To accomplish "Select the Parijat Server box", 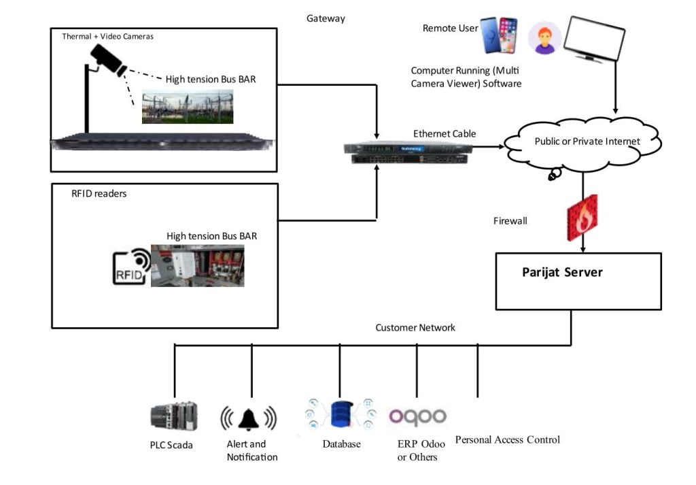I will tap(578, 281).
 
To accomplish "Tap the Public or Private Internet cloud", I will tap(582, 142).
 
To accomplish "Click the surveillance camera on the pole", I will tap(109, 58).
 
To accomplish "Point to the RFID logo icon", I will tap(132, 267).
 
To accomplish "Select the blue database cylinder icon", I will tap(339, 414).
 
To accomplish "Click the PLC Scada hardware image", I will tap(173, 416).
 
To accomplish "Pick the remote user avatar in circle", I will tap(544, 38).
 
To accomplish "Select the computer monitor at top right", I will tap(595, 39).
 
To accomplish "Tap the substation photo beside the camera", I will tap(187, 106).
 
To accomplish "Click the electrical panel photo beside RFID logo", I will tap(197, 265).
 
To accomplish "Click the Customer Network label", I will tap(415, 328).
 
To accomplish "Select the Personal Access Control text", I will tap(507, 439).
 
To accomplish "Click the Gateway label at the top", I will tap(326, 18).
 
